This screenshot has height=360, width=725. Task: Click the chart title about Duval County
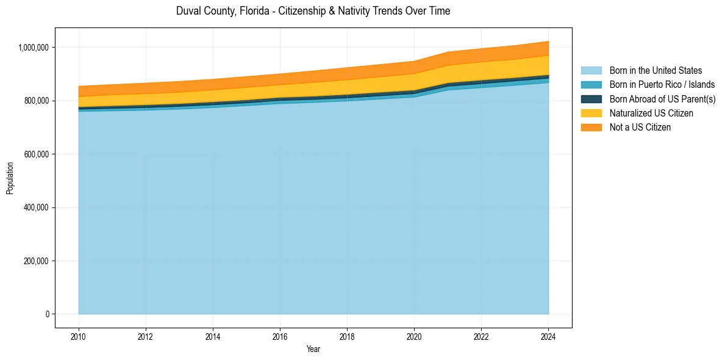pyautogui.click(x=313, y=11)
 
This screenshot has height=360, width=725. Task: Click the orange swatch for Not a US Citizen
pyautogui.click(x=591, y=128)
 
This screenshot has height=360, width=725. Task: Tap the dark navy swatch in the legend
pyautogui.click(x=591, y=99)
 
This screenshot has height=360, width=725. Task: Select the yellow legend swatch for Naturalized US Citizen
pyautogui.click(x=591, y=113)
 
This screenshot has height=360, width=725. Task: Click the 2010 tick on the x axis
pyautogui.click(x=79, y=336)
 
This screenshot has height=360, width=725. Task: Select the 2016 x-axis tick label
pyautogui.click(x=280, y=336)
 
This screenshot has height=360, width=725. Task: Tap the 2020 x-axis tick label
pyautogui.click(x=414, y=336)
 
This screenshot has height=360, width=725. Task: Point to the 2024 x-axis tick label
pyautogui.click(x=548, y=336)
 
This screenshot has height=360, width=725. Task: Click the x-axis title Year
pyautogui.click(x=313, y=350)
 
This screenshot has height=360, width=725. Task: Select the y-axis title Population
pyautogui.click(x=10, y=178)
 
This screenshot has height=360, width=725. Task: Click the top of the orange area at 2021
pyautogui.click(x=448, y=52)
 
